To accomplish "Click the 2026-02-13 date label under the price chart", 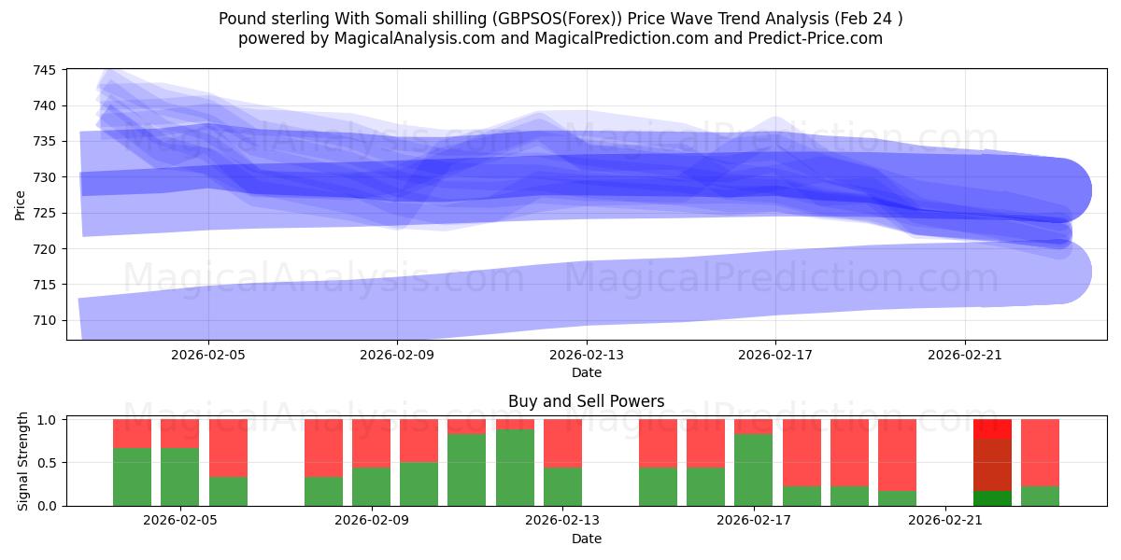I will [x=587, y=355].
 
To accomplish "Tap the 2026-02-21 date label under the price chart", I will [x=964, y=355].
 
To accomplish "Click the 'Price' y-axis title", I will [x=21, y=203].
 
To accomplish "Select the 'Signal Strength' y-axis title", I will [x=24, y=462].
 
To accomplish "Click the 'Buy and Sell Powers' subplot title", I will [x=587, y=401].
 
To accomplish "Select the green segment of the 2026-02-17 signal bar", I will [x=753, y=469].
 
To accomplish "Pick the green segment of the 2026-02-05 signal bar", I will [x=179, y=476].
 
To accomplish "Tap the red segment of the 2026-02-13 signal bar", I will [x=562, y=442].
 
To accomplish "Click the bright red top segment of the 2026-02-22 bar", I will [x=992, y=428].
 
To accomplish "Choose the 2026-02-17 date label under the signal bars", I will [x=753, y=521].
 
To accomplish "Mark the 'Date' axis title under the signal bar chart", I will [x=587, y=539].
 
